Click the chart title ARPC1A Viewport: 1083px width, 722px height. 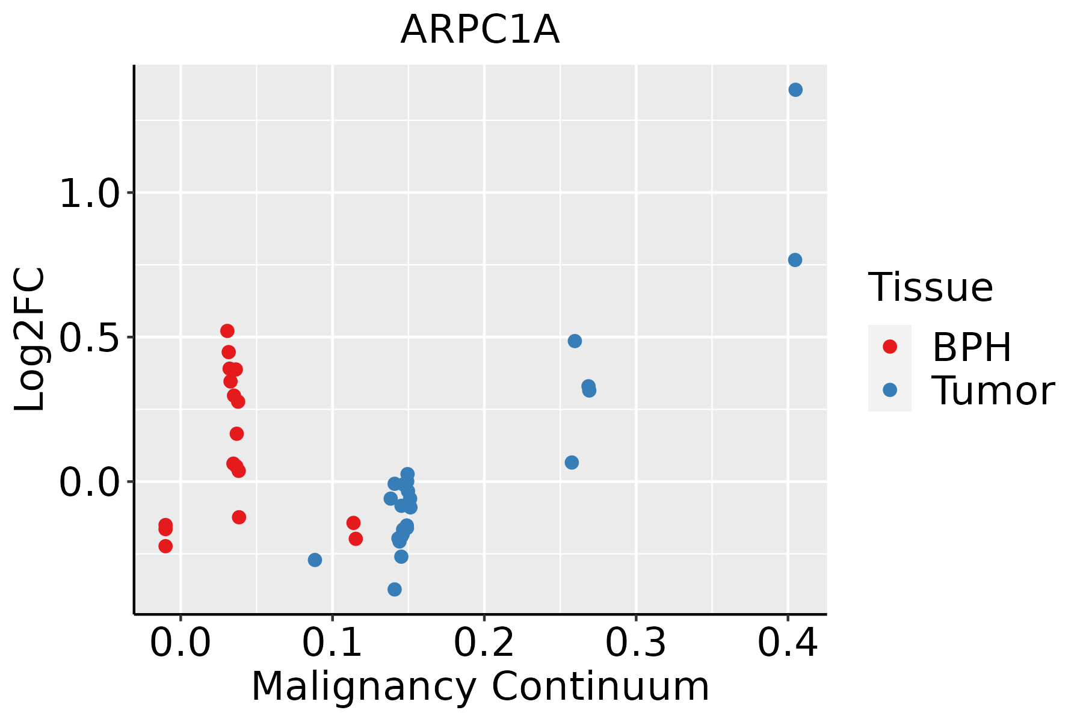click(x=480, y=30)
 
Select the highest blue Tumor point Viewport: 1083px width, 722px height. click(x=795, y=90)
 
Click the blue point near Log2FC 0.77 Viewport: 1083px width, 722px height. click(x=795, y=260)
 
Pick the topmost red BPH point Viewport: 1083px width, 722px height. click(x=227, y=331)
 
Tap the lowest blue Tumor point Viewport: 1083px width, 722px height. click(x=395, y=589)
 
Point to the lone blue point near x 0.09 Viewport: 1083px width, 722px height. click(x=315, y=560)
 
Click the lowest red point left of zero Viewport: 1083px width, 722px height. click(x=165, y=546)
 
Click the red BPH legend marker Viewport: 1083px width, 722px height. click(x=889, y=346)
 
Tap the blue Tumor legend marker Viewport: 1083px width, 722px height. click(x=889, y=390)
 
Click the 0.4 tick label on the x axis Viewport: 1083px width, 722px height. click(x=787, y=643)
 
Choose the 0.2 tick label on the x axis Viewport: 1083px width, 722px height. click(x=484, y=643)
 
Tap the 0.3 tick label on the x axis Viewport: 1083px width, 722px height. click(x=635, y=643)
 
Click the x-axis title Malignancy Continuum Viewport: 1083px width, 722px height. click(x=480, y=687)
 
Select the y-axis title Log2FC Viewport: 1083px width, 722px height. click(x=30, y=339)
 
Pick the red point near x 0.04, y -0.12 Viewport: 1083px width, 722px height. click(x=239, y=517)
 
